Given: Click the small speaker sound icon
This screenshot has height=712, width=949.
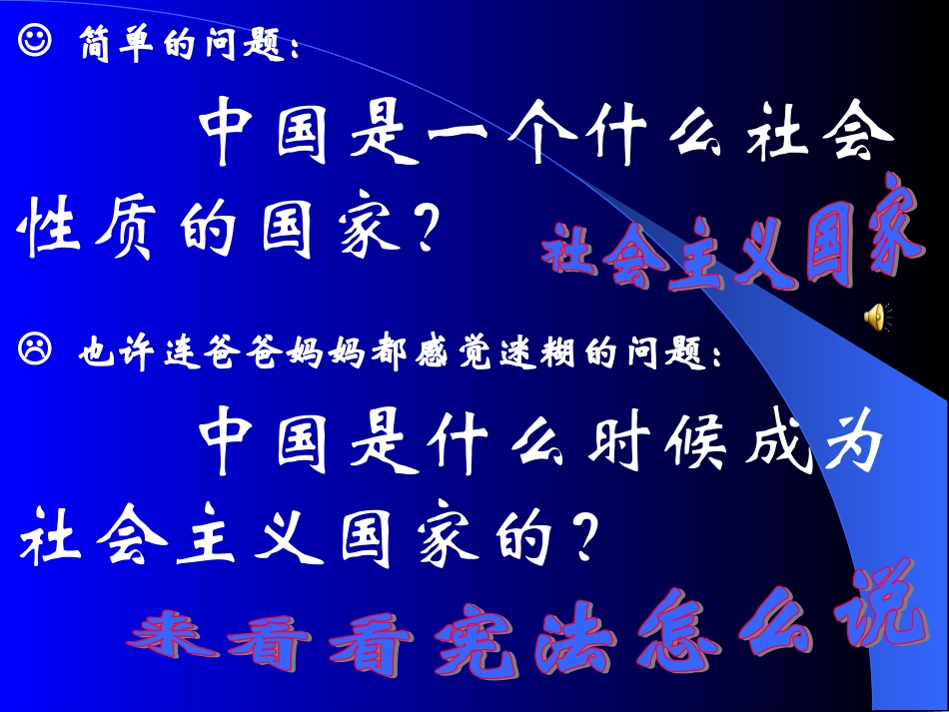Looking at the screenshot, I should point(875,317).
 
